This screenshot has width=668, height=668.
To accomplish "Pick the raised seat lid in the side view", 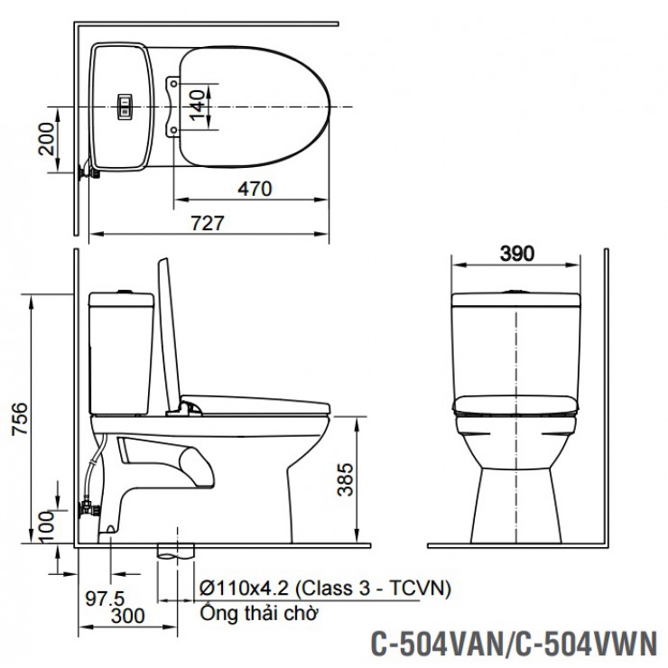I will [x=168, y=334].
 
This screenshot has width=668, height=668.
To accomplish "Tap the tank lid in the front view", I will [x=515, y=297].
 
